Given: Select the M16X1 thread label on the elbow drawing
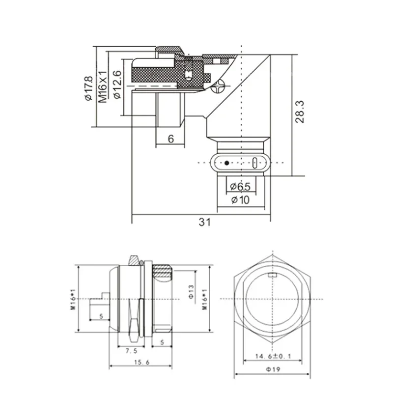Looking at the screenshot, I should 103,85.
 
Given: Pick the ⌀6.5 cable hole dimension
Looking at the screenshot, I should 241,187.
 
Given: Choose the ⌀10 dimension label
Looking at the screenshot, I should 241,199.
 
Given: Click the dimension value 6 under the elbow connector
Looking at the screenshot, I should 170,139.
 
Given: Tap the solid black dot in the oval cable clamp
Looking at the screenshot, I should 226,163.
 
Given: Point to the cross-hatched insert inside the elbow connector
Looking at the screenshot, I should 152,71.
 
